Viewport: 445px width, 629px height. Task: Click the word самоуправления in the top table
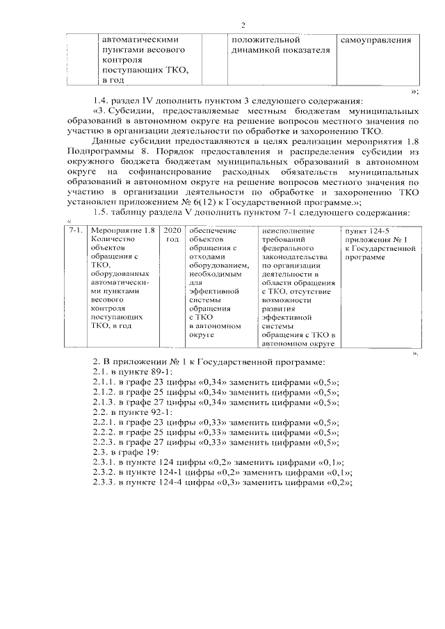click(375, 40)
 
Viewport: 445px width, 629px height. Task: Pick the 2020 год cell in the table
click(172, 234)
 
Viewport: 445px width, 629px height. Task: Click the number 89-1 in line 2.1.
click(154, 371)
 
